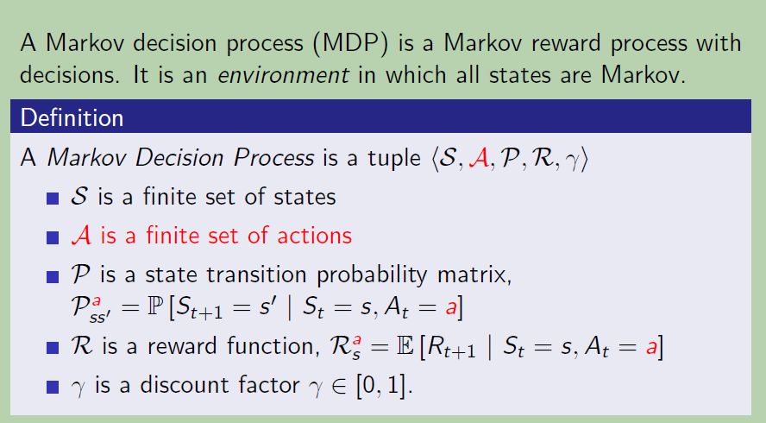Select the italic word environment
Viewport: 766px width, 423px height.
(283, 75)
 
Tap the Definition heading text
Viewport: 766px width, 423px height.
(72, 118)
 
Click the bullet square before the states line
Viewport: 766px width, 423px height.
(53, 198)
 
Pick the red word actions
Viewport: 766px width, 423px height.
(314, 236)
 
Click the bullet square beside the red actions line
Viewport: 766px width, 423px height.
(53, 237)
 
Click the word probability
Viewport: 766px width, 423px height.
(372, 275)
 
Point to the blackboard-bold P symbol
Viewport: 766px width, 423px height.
(155, 306)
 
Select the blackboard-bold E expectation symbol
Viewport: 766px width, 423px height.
(405, 347)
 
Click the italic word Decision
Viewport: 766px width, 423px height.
(179, 157)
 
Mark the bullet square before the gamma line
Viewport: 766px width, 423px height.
(53, 388)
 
